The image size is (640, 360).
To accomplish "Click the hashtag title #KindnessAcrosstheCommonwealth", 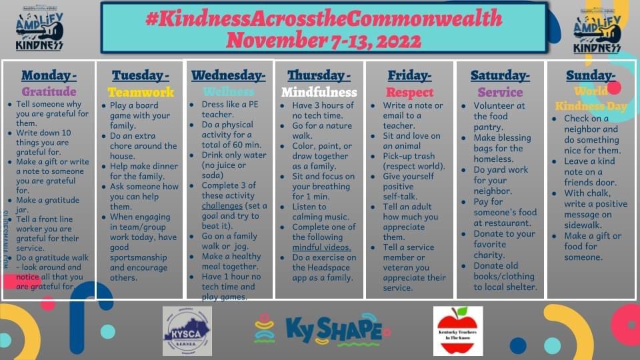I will [x=323, y=18].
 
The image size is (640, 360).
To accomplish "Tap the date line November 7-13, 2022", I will [x=323, y=40].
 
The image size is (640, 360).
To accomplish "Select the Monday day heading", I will [x=49, y=75].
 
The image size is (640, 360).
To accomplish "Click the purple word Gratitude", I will [x=49, y=92].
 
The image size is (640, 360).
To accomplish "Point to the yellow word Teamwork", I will [x=141, y=92].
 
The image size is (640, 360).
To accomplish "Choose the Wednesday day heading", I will [x=228, y=75].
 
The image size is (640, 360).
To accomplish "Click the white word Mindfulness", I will [x=319, y=92].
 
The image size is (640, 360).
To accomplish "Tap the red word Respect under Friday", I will [x=409, y=92].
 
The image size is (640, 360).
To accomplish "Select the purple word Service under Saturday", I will [x=500, y=92].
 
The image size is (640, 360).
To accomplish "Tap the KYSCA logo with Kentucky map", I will [x=187, y=331].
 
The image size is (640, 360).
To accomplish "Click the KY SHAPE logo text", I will [x=333, y=330].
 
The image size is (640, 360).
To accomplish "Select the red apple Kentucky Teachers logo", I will [x=458, y=331].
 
